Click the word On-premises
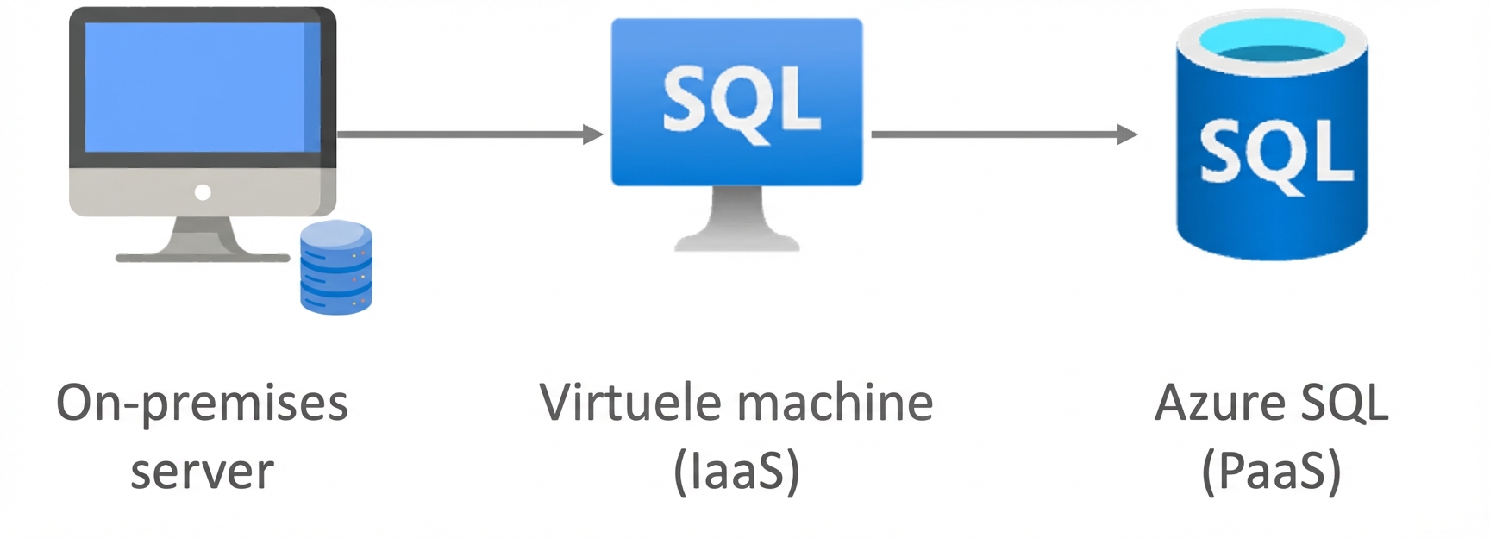pyautogui.click(x=202, y=403)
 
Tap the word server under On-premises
pyautogui.click(x=202, y=472)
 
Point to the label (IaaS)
pyautogui.click(x=736, y=472)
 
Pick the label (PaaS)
pyautogui.click(x=1271, y=472)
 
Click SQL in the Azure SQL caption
pyautogui.click(x=1345, y=403)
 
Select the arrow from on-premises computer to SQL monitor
pyautogui.click(x=466, y=134)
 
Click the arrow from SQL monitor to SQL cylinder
pyautogui.click(x=1000, y=134)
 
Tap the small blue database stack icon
pyautogui.click(x=335, y=267)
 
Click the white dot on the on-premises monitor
pyautogui.click(x=203, y=192)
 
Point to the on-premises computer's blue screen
pyautogui.click(x=195, y=86)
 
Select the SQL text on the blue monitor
pyautogui.click(x=740, y=101)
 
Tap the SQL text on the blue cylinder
pyautogui.click(x=1274, y=154)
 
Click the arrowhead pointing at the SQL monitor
pyautogui.click(x=593, y=134)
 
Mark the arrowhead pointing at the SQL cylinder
pyautogui.click(x=1127, y=134)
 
